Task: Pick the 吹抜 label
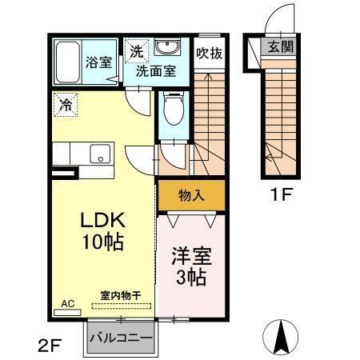pos(210,54)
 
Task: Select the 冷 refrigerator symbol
pos(66,103)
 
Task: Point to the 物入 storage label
pos(190,194)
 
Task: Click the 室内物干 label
pos(120,296)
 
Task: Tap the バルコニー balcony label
pos(120,337)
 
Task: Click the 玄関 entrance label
pos(281,46)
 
